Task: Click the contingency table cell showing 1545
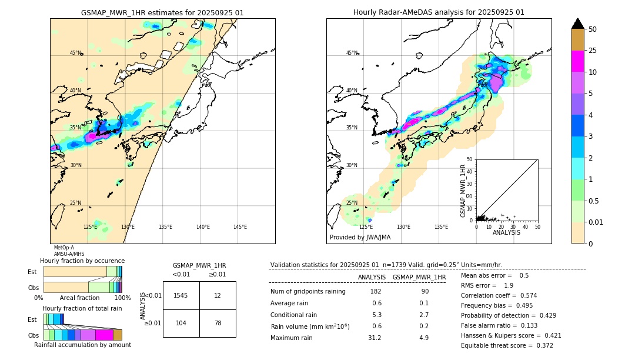(x=181, y=295)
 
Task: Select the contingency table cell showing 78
(x=218, y=324)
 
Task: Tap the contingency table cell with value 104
(x=181, y=324)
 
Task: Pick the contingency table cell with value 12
(x=218, y=295)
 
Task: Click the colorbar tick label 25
(x=593, y=51)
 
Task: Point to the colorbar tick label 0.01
(x=596, y=222)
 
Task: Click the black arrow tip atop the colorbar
(x=577, y=23)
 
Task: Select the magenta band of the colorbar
(x=577, y=62)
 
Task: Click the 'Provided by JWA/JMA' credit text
(x=360, y=238)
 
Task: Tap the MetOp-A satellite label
(x=63, y=248)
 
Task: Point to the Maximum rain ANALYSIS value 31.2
(x=375, y=338)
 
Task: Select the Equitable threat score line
(x=507, y=345)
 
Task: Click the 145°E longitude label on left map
(x=240, y=227)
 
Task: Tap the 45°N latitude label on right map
(x=352, y=53)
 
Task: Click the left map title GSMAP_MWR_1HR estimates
(x=162, y=12)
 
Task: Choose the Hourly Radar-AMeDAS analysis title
(x=439, y=12)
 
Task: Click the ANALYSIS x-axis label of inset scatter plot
(x=506, y=232)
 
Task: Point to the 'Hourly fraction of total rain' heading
(x=82, y=308)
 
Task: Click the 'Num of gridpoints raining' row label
(x=308, y=292)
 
